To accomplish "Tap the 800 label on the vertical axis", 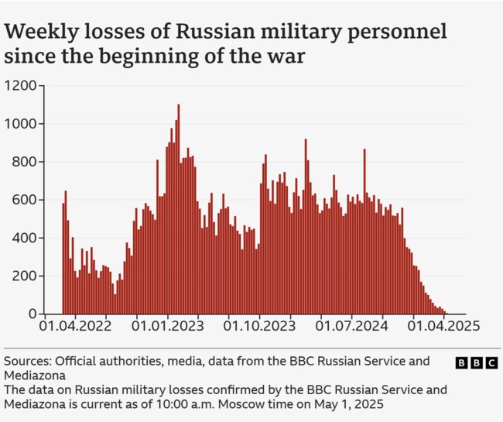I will click(25, 162).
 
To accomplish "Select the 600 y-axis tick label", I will click(25, 200).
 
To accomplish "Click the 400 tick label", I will click(25, 238).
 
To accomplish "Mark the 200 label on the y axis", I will click(25, 276).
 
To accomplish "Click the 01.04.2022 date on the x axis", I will click(77, 328).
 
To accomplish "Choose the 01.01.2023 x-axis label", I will click(169, 328).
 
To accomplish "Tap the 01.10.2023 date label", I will click(260, 328).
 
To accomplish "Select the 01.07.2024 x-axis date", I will click(351, 328).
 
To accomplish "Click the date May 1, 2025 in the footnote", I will click(358, 404).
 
